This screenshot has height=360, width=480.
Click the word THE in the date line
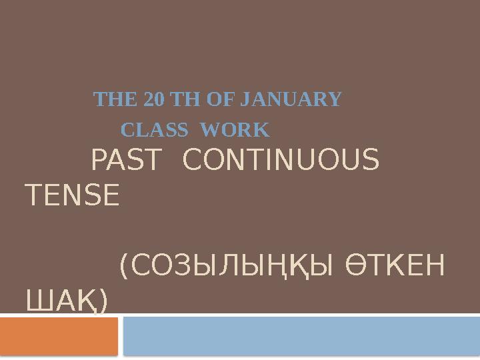click(x=109, y=100)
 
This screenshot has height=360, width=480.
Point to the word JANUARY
click(x=289, y=100)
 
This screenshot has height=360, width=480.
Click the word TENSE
click(x=72, y=196)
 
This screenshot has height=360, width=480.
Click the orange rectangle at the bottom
click(x=59, y=336)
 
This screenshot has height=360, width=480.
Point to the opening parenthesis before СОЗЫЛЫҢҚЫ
click(x=124, y=268)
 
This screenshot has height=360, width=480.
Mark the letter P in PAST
click(x=97, y=160)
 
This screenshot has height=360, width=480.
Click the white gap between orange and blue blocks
click(x=121, y=336)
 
